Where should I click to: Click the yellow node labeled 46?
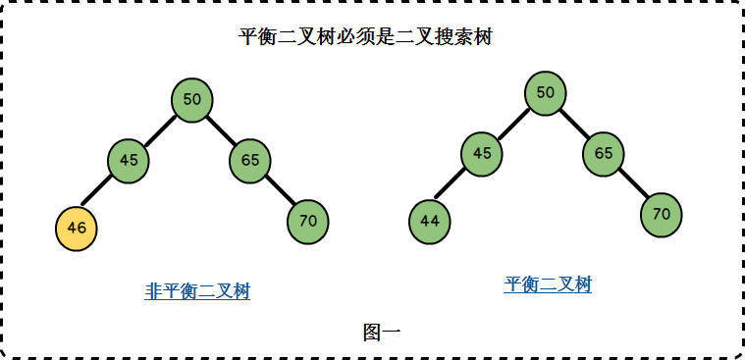77,228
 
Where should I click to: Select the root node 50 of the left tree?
192,99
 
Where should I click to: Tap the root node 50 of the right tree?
546,93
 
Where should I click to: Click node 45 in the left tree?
129,161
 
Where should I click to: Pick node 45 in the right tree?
481,154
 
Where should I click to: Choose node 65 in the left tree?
250,161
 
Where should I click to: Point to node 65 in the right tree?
604,154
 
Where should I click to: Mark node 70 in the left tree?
308,222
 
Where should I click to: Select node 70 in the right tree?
662,215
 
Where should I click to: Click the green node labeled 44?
429,222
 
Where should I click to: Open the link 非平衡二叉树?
197,291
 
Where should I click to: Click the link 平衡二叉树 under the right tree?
548,285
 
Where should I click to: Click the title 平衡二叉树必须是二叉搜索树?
365,39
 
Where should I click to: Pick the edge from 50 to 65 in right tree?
575,124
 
